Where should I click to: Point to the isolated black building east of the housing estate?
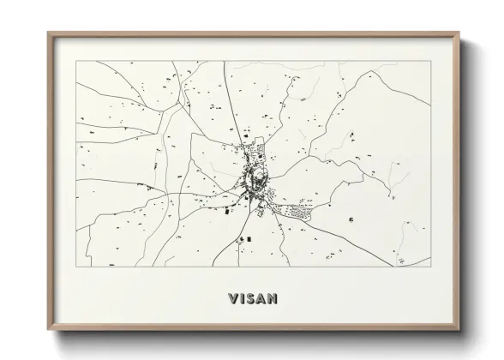(x=352, y=220)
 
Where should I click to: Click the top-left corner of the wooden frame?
(x=49, y=33)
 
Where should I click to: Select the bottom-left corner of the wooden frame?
(x=49, y=335)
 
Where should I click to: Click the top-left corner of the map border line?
(x=76, y=62)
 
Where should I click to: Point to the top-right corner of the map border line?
(x=428, y=62)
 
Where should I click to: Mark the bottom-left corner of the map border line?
(x=76, y=268)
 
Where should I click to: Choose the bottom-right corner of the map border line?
(x=428, y=268)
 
